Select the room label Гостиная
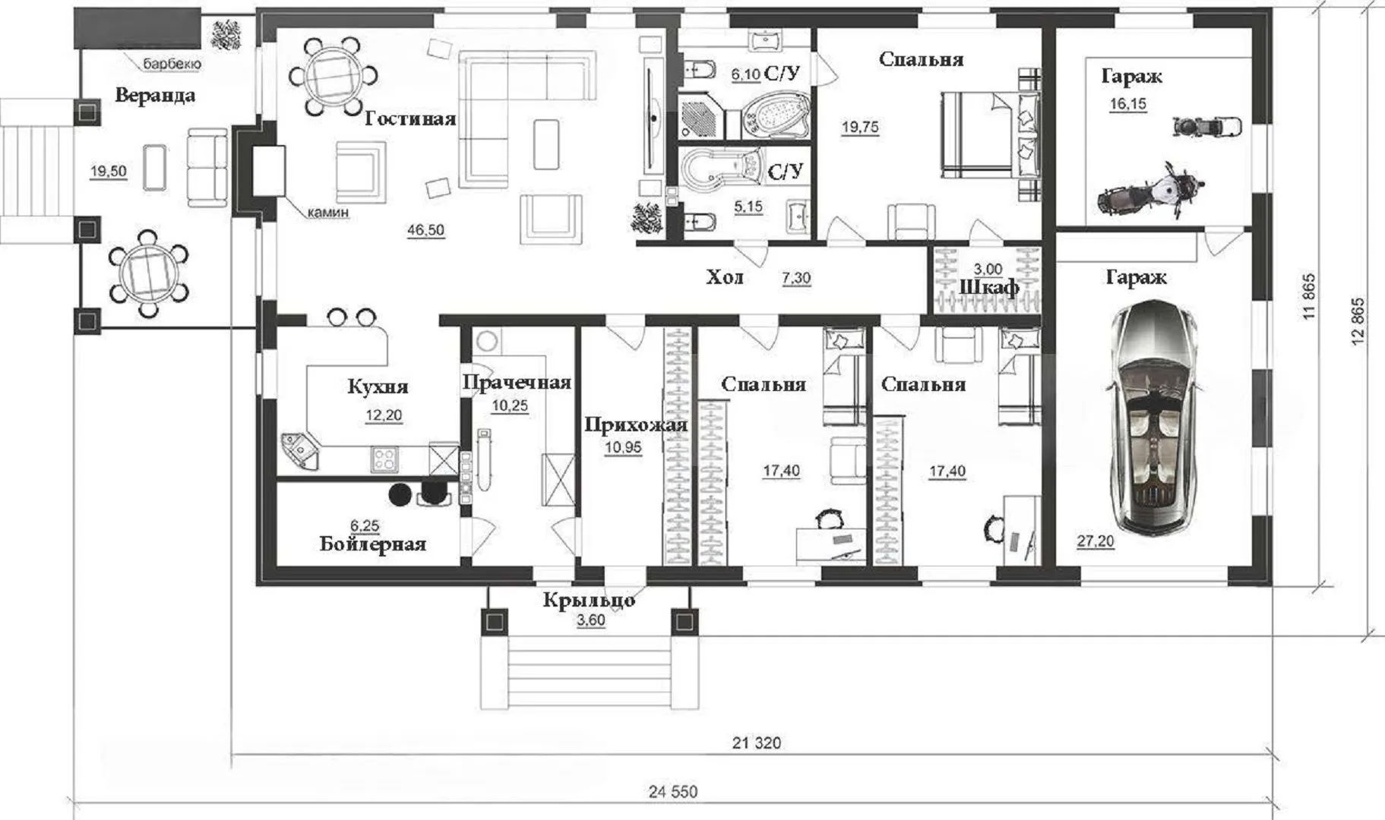pos(410,119)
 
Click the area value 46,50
pos(425,230)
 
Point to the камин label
pos(328,213)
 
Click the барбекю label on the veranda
pos(172,65)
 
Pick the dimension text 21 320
pos(756,743)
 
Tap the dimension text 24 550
pos(673,792)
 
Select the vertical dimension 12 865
pos(1358,322)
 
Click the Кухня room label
pos(378,386)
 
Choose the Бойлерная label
pos(373,544)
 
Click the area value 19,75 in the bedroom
pos(860,128)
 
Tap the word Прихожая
pos(636,425)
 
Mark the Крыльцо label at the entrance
pos(589,601)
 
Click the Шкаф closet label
pos(989,288)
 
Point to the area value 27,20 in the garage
pos(1096,541)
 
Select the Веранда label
pos(155,96)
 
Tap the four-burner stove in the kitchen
pos(384,459)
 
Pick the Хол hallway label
pos(725,277)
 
